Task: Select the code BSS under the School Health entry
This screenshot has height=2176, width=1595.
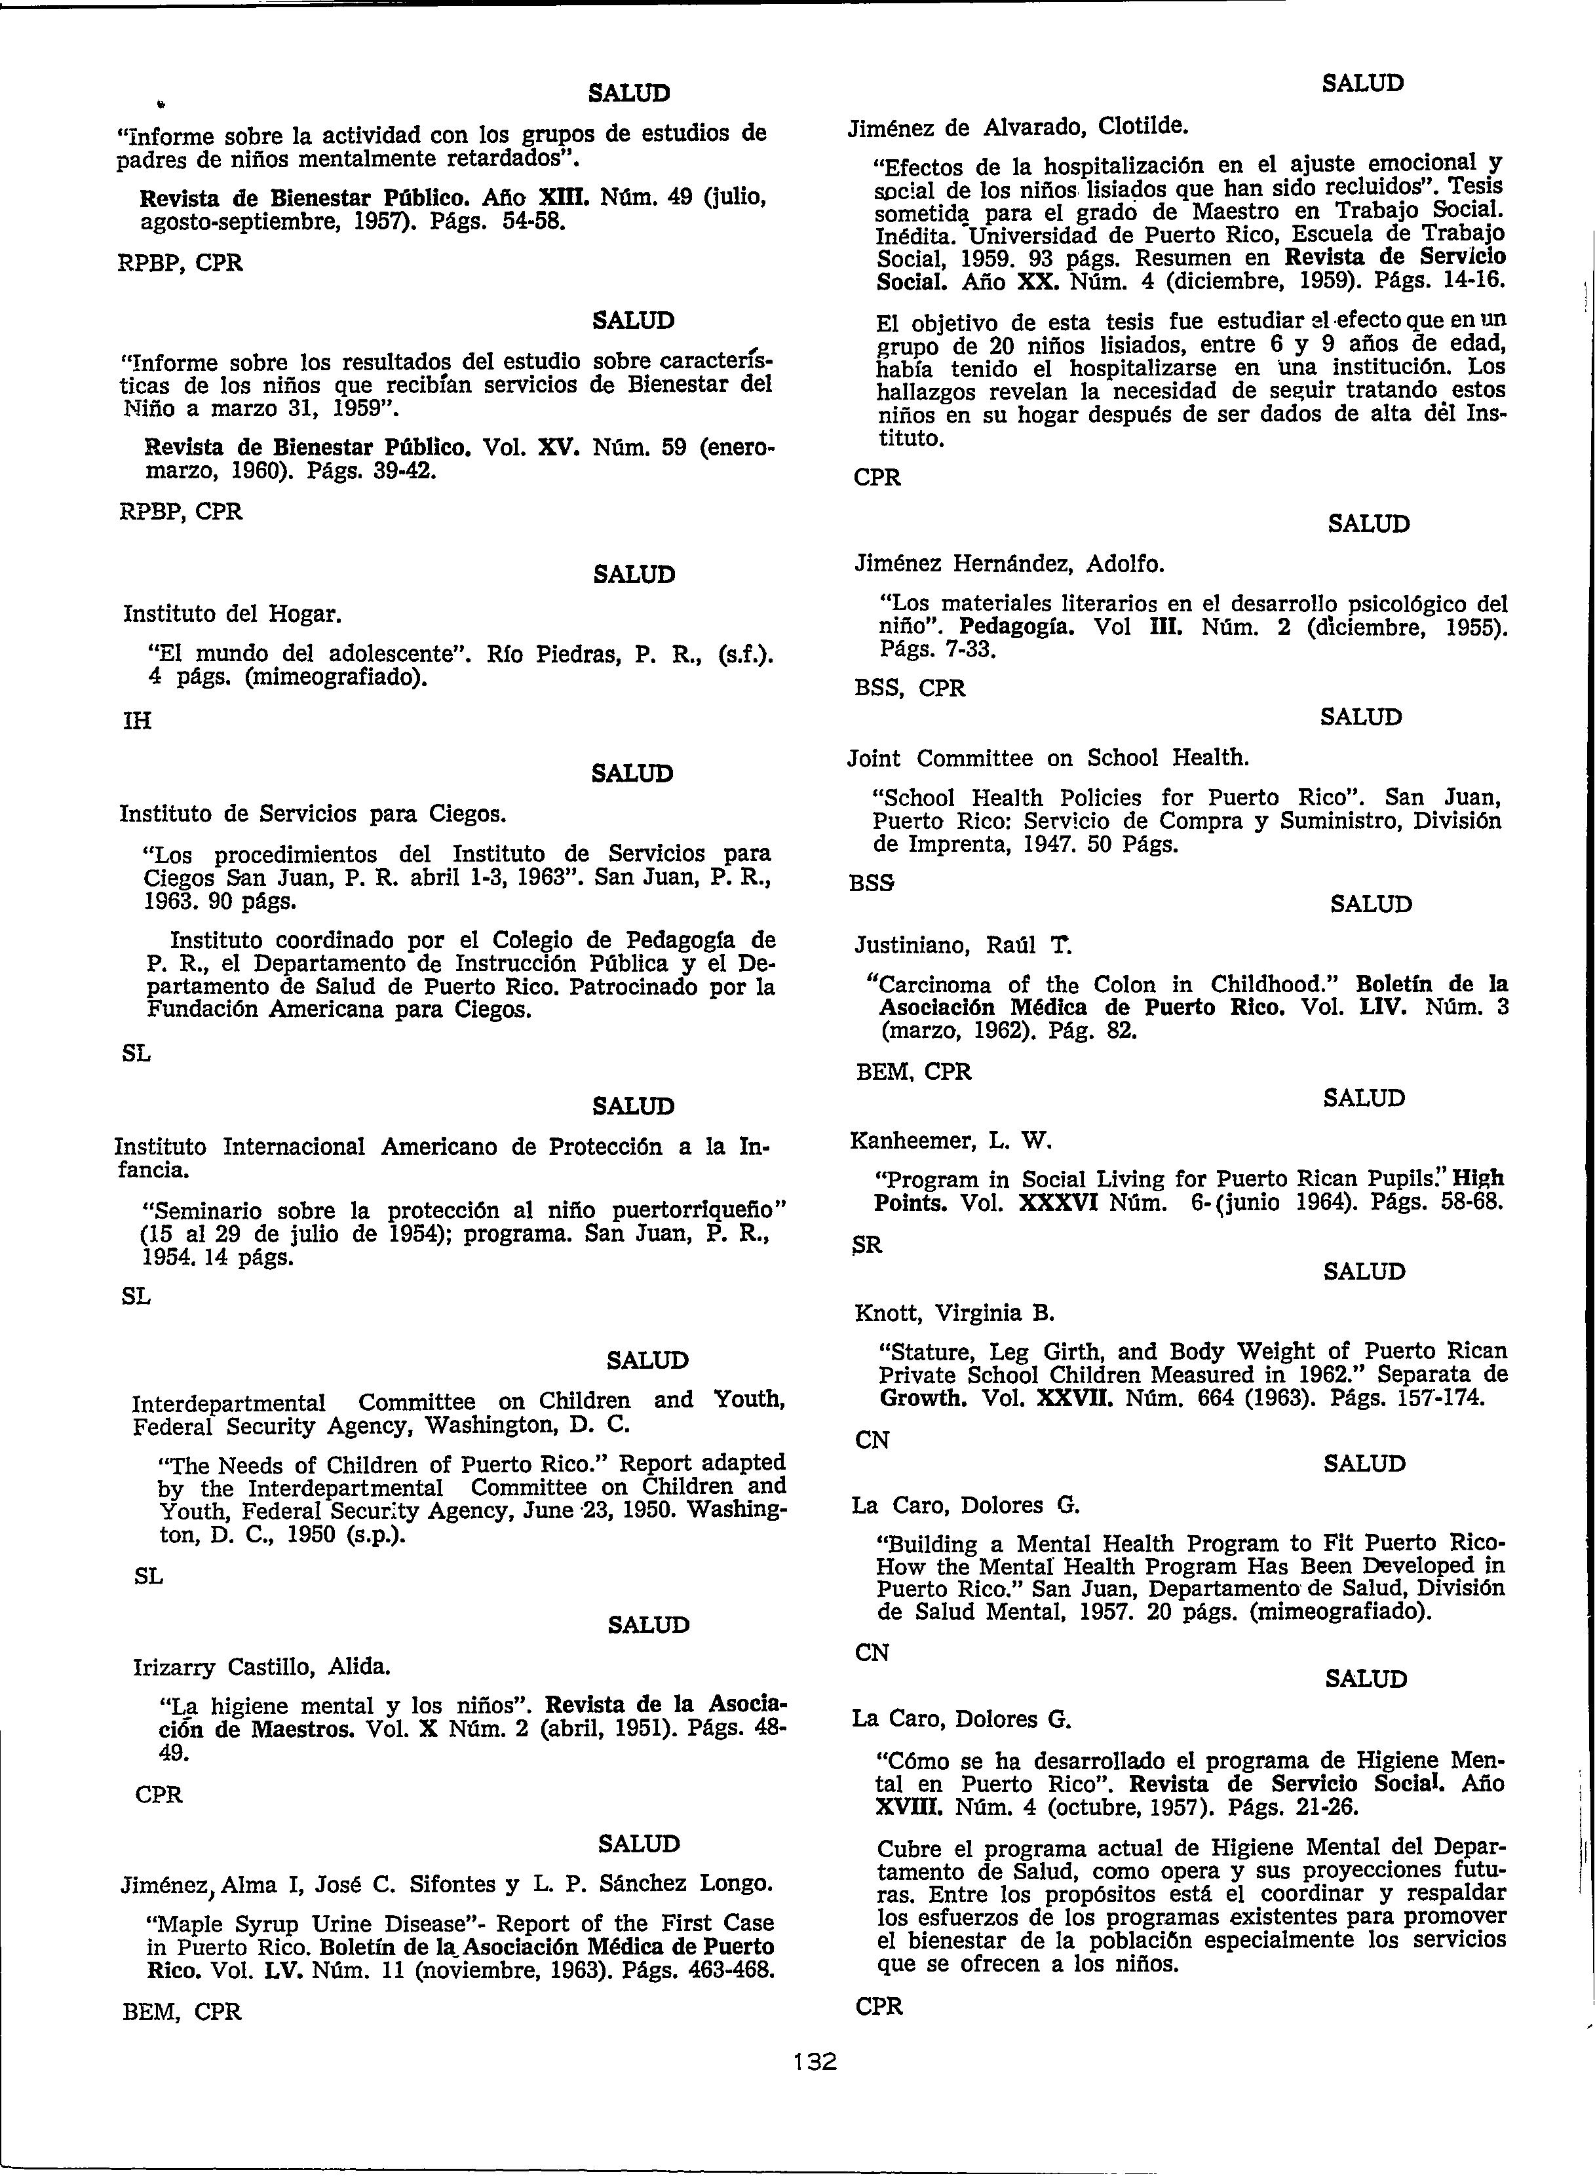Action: point(871,883)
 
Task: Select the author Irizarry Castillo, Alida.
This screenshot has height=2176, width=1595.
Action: point(261,1666)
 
